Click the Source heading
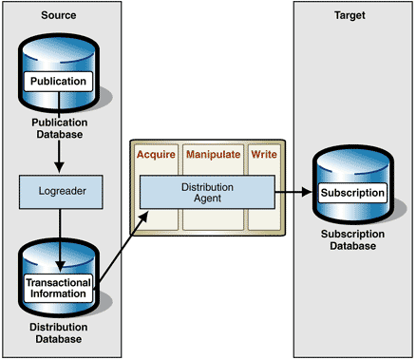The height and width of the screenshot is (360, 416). pos(59,16)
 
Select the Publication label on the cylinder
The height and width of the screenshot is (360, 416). pos(59,82)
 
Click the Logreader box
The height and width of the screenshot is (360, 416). pos(59,190)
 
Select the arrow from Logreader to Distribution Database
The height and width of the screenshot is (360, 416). pos(59,233)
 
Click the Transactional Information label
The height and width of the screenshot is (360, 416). pos(58,288)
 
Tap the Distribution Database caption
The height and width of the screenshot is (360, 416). pos(59,333)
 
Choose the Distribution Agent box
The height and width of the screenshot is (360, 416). pos(207,193)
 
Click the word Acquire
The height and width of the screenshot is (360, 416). pos(156,153)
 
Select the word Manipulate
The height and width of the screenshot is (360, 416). pos(213,153)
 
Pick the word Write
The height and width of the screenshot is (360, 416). pos(263,153)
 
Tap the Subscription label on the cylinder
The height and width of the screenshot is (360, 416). pos(352,193)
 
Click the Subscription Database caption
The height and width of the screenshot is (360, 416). pos(352,239)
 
